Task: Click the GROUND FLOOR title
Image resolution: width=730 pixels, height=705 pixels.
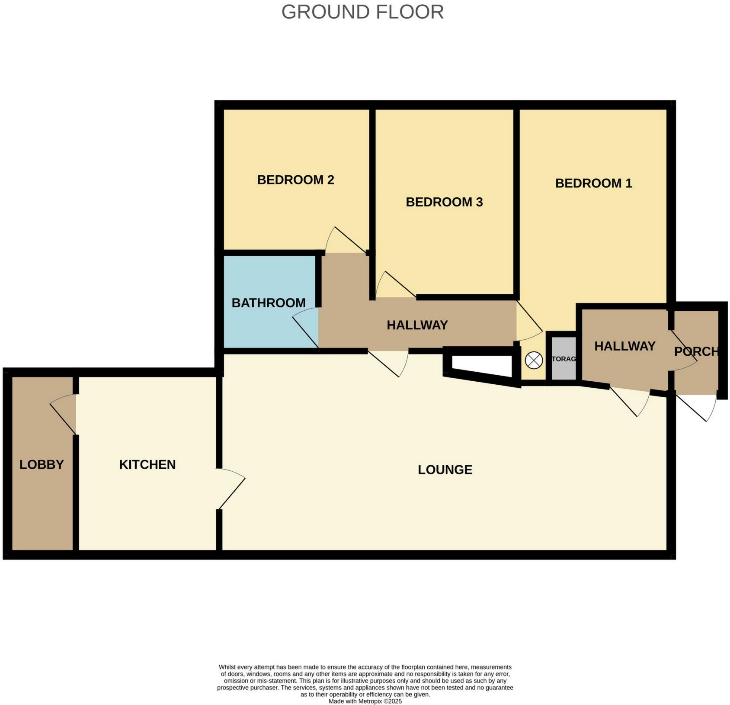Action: point(362,12)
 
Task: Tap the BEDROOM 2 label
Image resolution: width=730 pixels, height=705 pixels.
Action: point(295,180)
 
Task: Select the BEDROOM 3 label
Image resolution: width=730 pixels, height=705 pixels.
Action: point(444,202)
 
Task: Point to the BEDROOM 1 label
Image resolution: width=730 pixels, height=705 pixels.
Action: point(593,183)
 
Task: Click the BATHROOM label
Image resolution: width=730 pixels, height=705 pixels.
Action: point(268,303)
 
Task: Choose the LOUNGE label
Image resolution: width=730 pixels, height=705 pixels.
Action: point(445,470)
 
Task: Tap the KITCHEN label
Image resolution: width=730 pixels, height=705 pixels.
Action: point(147,465)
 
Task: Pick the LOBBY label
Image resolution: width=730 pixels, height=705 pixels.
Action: point(42,465)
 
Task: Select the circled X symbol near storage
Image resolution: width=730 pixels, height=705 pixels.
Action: point(533,360)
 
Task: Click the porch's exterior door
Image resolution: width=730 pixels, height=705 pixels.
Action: point(696,407)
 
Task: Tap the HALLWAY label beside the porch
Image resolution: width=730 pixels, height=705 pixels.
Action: point(624,346)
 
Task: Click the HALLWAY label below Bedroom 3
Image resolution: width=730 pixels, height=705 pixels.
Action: point(417,325)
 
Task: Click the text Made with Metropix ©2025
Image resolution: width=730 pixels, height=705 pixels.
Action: point(365,702)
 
